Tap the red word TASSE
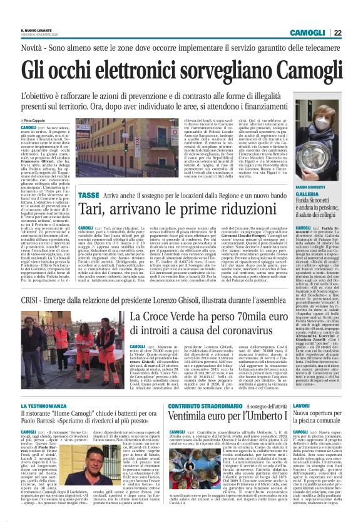pos(29,196)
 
